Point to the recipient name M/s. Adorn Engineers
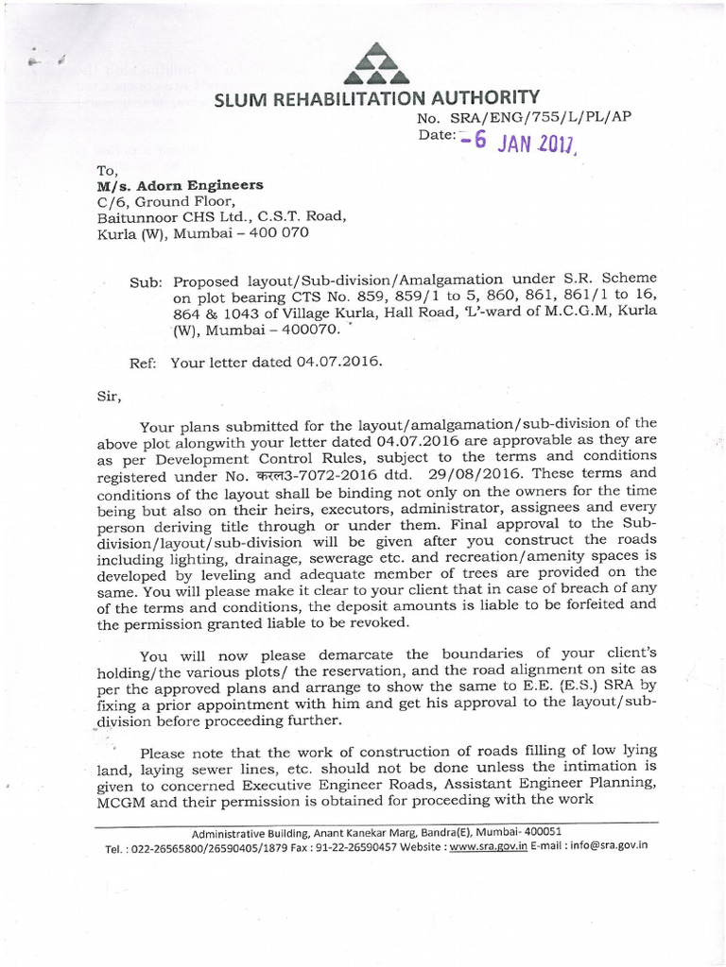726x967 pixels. (181, 185)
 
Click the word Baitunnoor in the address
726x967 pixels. (138, 216)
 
